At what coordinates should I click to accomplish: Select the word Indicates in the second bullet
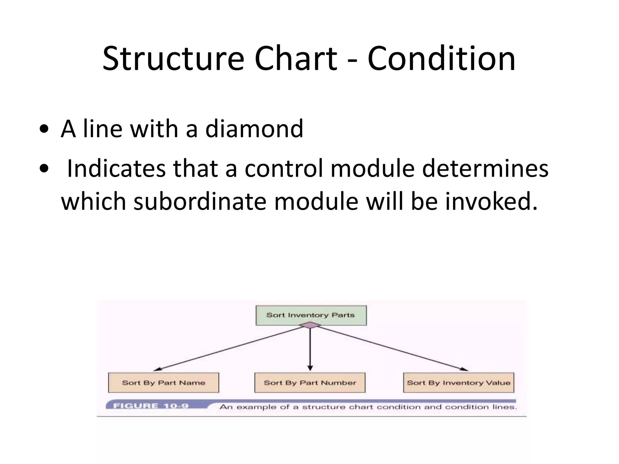116,169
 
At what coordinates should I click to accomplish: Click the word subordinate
200,202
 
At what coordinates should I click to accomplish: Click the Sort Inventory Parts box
311,315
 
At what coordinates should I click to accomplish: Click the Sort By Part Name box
164,383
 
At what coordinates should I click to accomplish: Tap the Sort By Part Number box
310,383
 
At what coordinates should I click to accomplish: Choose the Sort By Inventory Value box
458,383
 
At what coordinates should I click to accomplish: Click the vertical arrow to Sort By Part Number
310,350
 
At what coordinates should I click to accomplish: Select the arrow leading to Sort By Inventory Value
393,348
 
